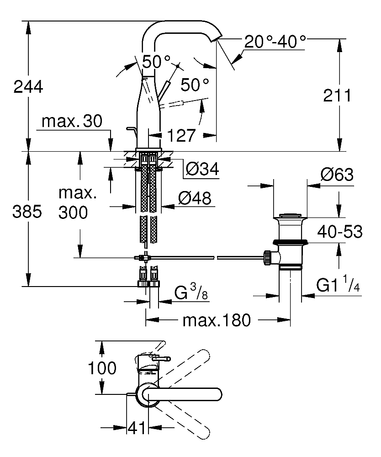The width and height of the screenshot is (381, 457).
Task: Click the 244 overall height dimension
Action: (28, 87)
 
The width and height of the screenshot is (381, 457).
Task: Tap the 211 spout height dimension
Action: (337, 96)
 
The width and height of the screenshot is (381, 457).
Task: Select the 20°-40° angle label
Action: (275, 42)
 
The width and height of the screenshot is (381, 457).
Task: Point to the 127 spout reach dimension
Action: (181, 136)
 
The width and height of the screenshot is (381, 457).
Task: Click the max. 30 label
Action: (72, 121)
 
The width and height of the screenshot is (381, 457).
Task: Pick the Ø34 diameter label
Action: (202, 169)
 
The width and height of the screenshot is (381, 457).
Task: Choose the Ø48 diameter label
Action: (195, 198)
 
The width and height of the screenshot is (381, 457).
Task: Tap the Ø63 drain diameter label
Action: (337, 175)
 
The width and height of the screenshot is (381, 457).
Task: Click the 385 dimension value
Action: (27, 212)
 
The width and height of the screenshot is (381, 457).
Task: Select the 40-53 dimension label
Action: (340, 232)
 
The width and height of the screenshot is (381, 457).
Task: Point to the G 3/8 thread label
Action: (191, 292)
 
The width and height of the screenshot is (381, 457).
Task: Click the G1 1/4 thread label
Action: (338, 284)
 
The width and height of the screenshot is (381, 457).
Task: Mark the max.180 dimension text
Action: (217, 320)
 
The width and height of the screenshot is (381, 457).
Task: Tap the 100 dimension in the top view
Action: (102, 368)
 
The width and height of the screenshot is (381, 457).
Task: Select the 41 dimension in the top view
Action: (137, 428)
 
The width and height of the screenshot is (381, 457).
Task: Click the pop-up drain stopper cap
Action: (290, 216)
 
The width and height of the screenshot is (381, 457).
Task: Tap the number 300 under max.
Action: (73, 213)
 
